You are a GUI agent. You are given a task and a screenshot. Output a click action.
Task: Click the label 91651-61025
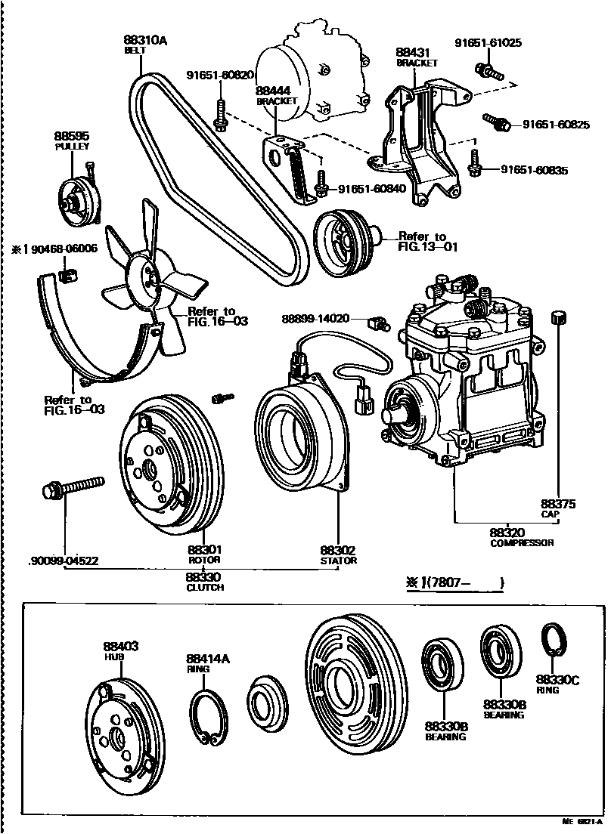click(488, 43)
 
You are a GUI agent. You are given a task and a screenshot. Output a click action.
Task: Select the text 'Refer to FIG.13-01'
click(428, 241)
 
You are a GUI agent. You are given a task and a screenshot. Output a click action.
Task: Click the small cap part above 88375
click(558, 317)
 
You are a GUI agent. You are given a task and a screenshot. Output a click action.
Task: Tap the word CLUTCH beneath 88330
click(204, 587)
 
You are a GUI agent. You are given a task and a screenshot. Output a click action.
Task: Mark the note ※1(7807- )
click(454, 582)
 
